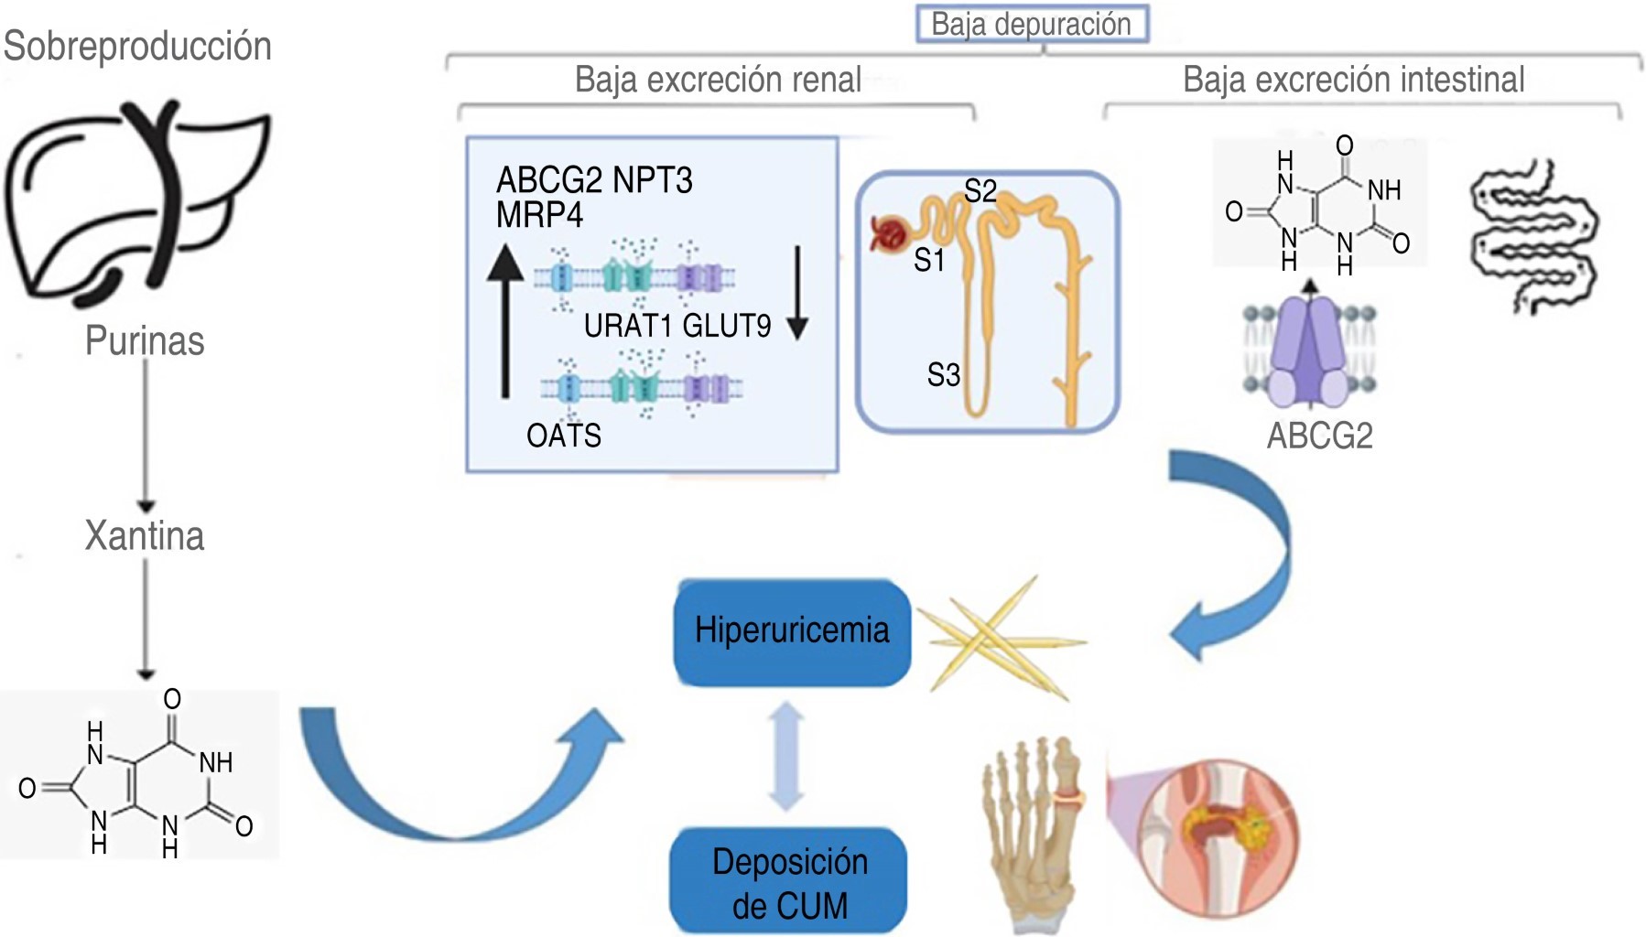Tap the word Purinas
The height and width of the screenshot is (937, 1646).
[x=145, y=341]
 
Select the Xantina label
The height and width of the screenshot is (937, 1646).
[x=145, y=535]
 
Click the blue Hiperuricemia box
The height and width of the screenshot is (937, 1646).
[x=792, y=631]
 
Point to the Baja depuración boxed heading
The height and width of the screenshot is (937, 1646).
[x=1032, y=24]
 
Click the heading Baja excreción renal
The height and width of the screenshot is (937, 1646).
[x=718, y=80]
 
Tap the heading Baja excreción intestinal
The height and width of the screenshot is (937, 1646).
[x=1353, y=80]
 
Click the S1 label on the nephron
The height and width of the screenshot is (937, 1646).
[x=928, y=261]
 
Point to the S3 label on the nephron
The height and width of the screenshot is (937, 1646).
[x=943, y=374]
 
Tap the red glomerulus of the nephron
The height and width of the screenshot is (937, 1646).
[x=888, y=233]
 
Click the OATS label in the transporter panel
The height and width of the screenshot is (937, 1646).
[x=564, y=436]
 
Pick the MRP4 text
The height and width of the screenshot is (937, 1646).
[x=539, y=215]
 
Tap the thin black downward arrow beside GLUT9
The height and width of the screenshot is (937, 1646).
[x=797, y=293]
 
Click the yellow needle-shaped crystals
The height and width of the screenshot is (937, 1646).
[x=1002, y=639]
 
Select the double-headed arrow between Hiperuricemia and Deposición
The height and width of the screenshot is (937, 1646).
[x=786, y=756]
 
